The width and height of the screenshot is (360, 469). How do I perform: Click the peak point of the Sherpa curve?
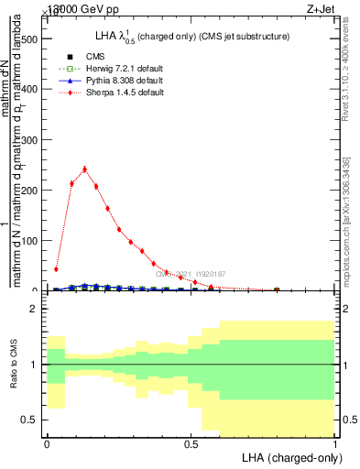[84, 169]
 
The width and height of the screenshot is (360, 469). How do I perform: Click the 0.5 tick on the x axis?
[191, 444]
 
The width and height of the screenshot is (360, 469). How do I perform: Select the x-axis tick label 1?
[335, 444]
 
